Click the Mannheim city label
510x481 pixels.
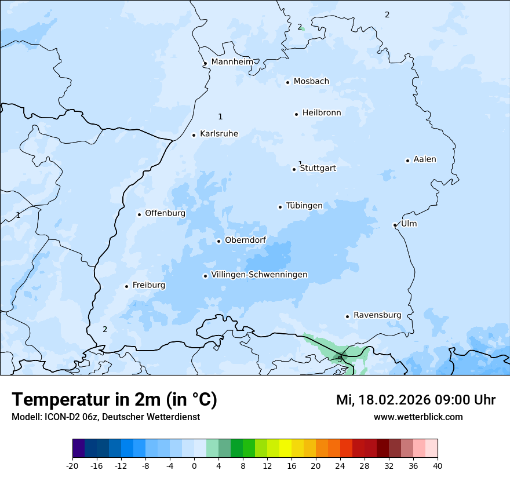(232, 62)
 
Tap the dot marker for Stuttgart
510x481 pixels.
(294, 169)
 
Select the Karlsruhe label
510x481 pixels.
(218, 134)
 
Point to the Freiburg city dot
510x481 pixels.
(126, 286)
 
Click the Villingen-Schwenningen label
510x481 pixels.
(259, 275)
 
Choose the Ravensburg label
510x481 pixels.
(377, 315)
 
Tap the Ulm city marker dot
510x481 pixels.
(395, 225)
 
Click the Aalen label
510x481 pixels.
(424, 159)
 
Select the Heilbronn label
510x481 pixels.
(322, 113)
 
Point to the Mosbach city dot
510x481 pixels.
(287, 82)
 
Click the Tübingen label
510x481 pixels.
(304, 206)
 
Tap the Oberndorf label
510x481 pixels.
(245, 240)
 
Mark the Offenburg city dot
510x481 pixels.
(139, 214)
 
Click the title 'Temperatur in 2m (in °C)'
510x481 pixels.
(114, 400)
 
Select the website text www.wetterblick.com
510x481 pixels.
(418, 417)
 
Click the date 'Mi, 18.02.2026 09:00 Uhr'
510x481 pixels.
(416, 400)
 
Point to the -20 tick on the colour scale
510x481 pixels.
(72, 465)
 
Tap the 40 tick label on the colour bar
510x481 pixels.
(438, 465)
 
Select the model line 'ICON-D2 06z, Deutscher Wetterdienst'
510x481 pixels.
(105, 417)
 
